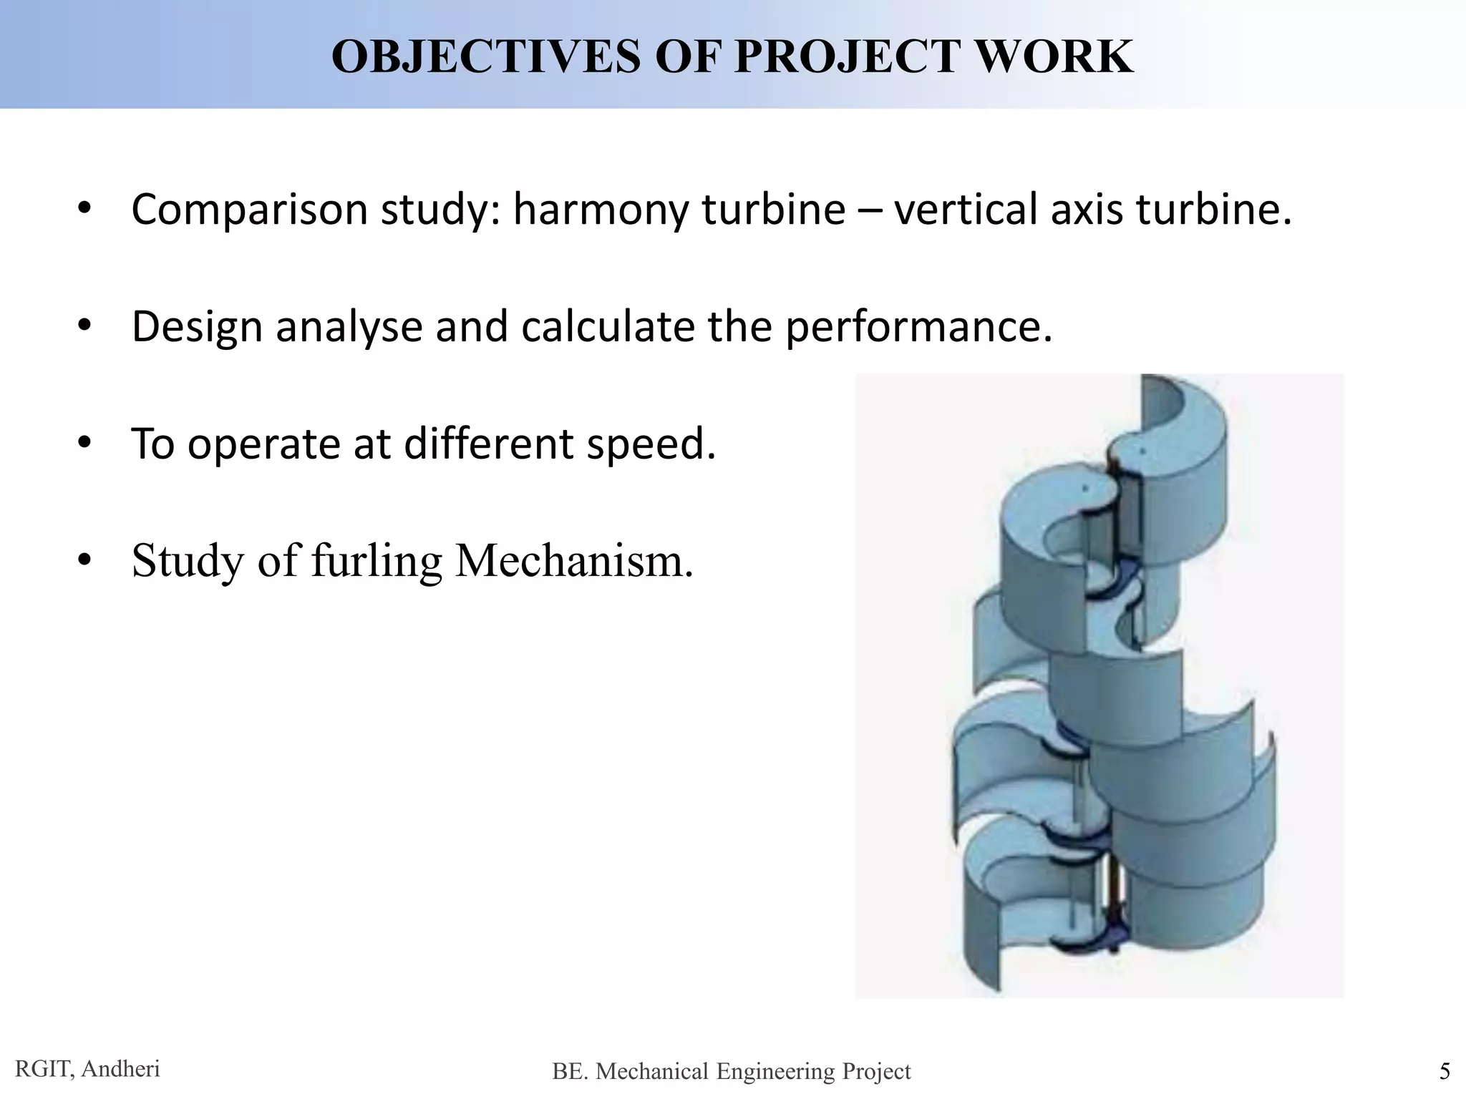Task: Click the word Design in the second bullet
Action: [197, 327]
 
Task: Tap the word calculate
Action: [608, 327]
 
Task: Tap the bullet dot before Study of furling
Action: [84, 560]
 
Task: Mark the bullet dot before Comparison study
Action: [84, 208]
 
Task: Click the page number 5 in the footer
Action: [1444, 1071]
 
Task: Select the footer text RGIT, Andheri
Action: [87, 1069]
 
